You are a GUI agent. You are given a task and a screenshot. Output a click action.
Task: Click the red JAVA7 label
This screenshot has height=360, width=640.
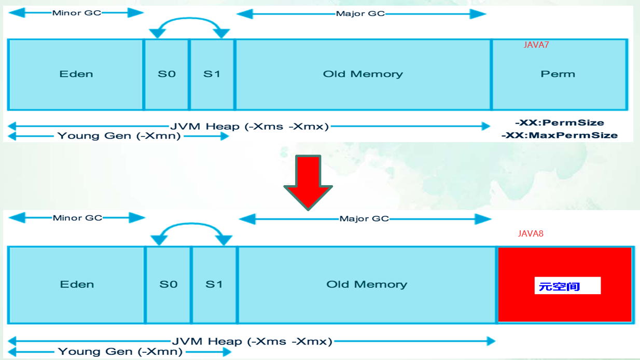coord(536,45)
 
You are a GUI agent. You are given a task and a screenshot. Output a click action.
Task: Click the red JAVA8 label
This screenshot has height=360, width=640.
coord(531,234)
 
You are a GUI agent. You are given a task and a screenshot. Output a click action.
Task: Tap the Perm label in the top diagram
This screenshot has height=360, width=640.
coord(558,74)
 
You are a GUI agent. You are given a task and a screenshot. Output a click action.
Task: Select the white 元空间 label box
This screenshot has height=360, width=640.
coord(567,285)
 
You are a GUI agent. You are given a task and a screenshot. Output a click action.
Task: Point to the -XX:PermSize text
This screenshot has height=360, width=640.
coord(560,123)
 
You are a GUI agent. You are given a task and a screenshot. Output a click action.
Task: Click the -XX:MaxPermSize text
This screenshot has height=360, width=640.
coord(560,135)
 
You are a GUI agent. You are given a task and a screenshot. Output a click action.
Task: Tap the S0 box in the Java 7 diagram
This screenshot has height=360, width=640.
coord(166,75)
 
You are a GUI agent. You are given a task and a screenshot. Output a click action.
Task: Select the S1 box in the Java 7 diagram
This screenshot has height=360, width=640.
coord(212,75)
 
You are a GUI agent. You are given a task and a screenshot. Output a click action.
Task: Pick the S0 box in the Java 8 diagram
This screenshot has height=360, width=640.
coord(168,285)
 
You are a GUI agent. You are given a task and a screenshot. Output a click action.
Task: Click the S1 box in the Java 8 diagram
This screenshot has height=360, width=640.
coord(214,285)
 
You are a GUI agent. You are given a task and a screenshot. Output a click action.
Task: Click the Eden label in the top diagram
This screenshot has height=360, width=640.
coord(76,74)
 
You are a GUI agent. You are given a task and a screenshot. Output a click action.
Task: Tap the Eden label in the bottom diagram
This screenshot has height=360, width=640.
coord(77,285)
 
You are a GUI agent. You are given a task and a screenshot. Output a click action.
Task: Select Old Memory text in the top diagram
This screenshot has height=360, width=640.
coord(363,74)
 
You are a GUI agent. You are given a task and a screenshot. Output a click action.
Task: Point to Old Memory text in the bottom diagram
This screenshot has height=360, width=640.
coord(367,285)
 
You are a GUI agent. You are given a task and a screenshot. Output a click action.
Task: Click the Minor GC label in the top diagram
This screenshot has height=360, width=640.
coord(77,13)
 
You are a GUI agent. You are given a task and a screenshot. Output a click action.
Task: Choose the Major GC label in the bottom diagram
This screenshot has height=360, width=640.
coord(364,219)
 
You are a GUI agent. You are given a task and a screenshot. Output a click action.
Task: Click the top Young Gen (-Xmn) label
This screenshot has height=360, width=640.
coord(119,136)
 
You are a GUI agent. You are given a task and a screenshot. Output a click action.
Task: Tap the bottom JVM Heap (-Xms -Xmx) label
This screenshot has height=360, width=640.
coord(252,341)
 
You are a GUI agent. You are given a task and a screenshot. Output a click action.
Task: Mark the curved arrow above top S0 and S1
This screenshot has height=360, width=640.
coord(189,19)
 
